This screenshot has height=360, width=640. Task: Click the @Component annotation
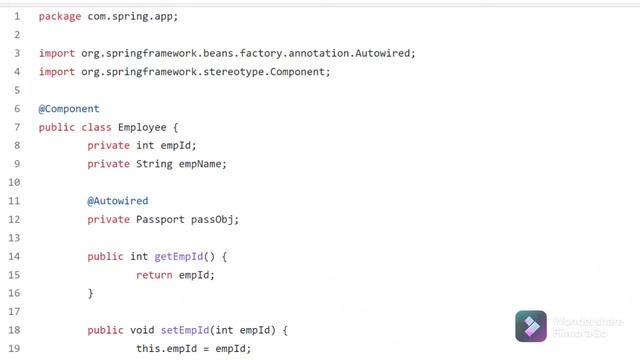pos(69,108)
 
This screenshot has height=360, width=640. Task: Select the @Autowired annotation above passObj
pos(118,200)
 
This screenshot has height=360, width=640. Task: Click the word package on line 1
pos(60,17)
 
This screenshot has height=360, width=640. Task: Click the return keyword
pos(154,274)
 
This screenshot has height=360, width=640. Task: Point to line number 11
pos(14,200)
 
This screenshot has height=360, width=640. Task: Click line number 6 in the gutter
pos(17,108)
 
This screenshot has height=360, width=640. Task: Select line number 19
pos(14,348)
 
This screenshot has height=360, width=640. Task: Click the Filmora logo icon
pos(531,327)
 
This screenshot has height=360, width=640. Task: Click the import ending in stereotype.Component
pos(184,72)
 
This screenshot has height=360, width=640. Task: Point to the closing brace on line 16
pos(90,293)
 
